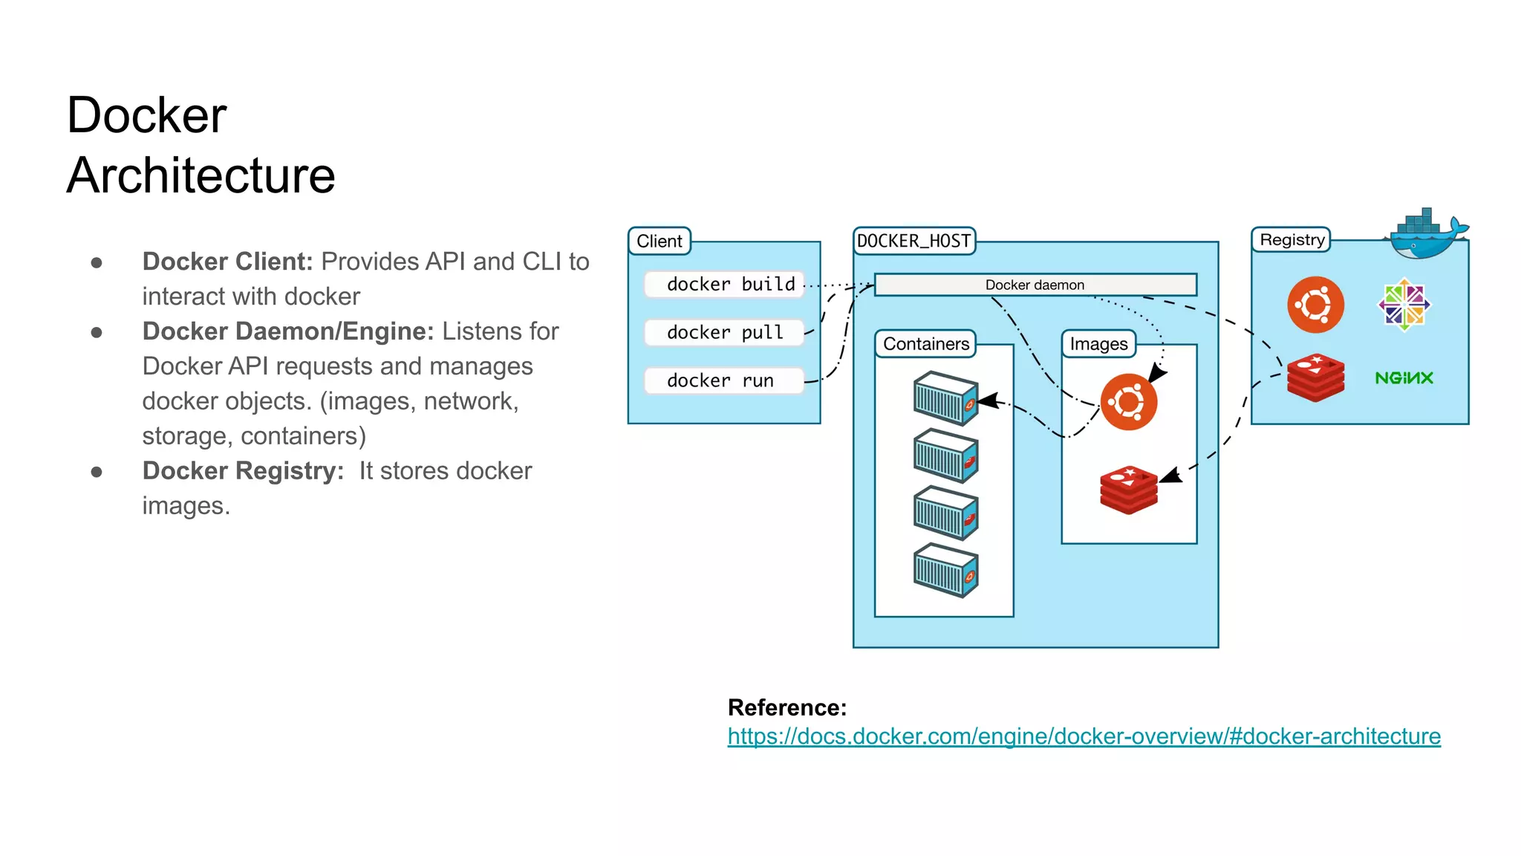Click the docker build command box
[x=724, y=285]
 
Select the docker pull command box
[x=724, y=332]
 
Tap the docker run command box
[x=724, y=380]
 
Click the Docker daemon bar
[x=1035, y=285]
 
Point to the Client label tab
[x=659, y=241]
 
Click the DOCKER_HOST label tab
[x=913, y=241]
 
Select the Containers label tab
[x=925, y=344]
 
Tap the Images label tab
[x=1098, y=344]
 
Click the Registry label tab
[x=1292, y=240]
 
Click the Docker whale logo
[x=1426, y=234]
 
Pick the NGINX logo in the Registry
[x=1404, y=378]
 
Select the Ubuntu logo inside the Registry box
[x=1315, y=305]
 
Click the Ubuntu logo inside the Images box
[x=1128, y=402]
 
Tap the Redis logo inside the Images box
[x=1128, y=490]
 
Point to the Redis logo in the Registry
[x=1315, y=377]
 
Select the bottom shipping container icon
[x=945, y=571]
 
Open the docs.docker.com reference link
[x=1084, y=736]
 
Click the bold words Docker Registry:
[x=243, y=471]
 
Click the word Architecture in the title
[x=201, y=176]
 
